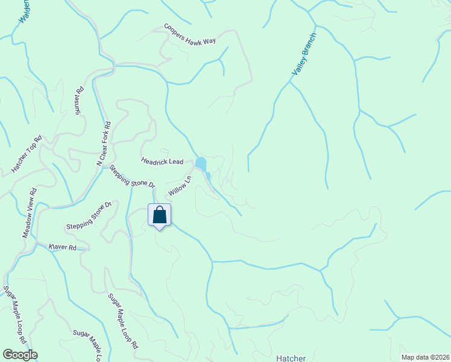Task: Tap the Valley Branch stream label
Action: tap(304, 54)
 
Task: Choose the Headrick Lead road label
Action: tap(162, 162)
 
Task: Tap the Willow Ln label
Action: tap(180, 185)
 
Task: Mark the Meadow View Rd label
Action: tap(30, 212)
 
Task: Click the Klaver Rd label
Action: tap(63, 248)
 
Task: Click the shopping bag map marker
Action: tap(160, 216)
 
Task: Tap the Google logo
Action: tap(20, 355)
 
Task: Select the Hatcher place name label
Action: tap(291, 358)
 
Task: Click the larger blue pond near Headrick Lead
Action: tap(201, 164)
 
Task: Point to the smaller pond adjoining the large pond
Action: tap(207, 176)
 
